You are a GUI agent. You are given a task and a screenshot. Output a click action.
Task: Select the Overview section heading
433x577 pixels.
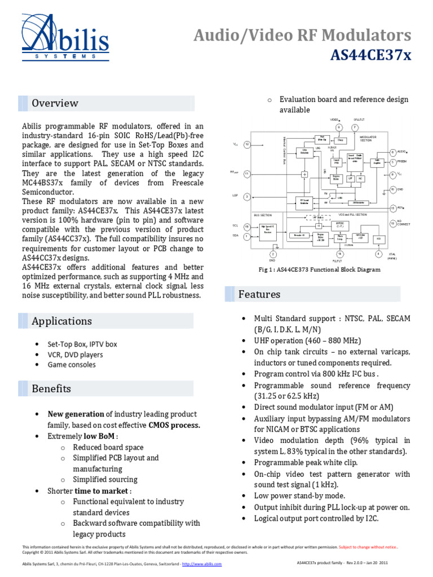click(x=55, y=103)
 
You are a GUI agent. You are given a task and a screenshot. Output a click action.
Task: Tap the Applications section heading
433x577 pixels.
click(x=61, y=321)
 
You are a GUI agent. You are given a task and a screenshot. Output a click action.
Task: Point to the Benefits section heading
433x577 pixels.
click(x=51, y=389)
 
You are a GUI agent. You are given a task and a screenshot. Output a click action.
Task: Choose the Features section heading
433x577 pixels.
click(x=259, y=294)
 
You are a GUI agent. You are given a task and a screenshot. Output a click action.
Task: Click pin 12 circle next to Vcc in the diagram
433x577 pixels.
click(x=247, y=145)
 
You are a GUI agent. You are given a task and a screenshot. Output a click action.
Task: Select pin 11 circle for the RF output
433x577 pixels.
click(x=247, y=174)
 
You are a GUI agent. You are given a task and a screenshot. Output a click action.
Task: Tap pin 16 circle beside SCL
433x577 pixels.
click(x=247, y=226)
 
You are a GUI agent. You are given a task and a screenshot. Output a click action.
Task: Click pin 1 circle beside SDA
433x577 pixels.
click(x=247, y=237)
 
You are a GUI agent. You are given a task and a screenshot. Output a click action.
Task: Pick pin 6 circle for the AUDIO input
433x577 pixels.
click(x=392, y=153)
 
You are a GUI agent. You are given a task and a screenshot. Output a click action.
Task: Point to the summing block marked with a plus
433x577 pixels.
click(x=304, y=175)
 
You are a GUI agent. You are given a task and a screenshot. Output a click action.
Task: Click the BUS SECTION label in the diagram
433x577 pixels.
click(x=263, y=215)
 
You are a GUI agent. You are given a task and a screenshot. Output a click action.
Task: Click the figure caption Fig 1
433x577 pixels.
click(x=319, y=269)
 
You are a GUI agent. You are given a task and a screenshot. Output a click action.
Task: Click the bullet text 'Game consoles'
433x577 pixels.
click(x=72, y=365)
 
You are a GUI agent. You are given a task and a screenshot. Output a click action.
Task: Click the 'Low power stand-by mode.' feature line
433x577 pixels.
click(x=299, y=496)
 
